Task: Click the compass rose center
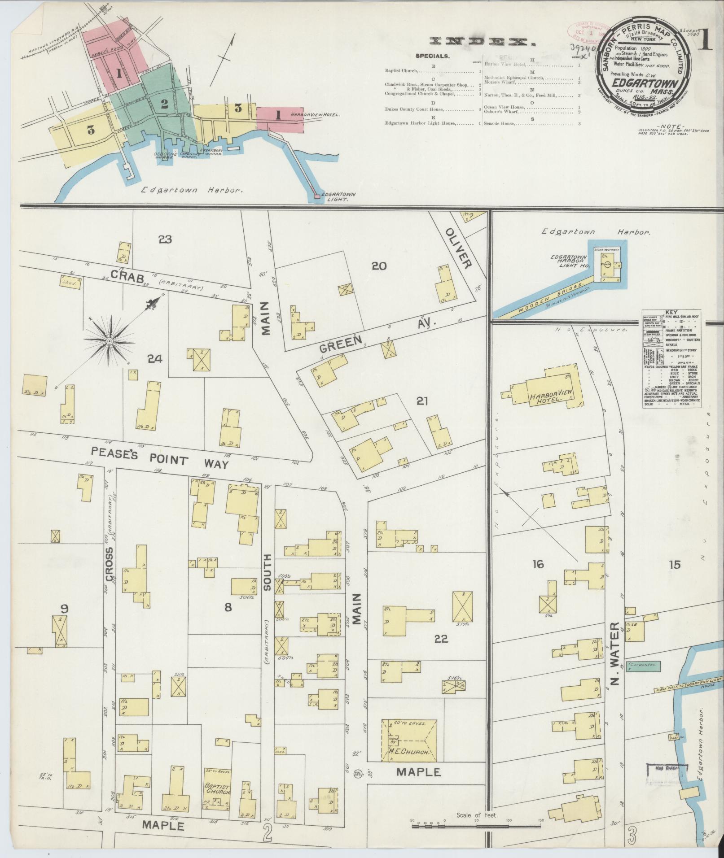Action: coord(109,342)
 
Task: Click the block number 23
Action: coord(165,240)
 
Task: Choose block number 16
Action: coord(538,564)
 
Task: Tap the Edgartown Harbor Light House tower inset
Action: coord(606,265)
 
